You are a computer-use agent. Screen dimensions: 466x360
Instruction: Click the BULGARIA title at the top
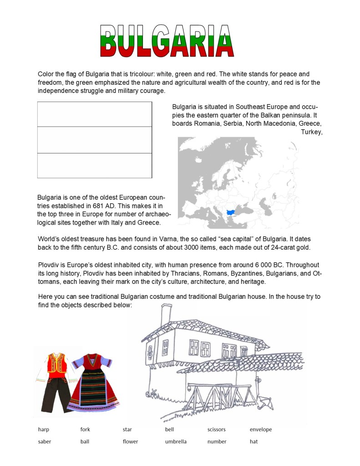click(167, 41)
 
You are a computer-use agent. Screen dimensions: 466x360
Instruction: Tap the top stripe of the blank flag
click(94, 114)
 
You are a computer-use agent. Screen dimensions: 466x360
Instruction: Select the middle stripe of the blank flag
click(94, 139)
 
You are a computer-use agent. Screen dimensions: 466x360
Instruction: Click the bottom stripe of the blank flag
click(94, 165)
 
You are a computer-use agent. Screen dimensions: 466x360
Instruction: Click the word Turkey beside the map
click(311, 132)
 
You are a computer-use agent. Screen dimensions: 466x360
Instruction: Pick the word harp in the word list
click(43, 430)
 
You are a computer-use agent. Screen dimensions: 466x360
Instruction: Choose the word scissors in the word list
click(216, 430)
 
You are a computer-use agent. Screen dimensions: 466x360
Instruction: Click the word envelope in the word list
click(260, 430)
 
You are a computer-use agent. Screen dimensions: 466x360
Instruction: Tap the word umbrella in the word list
click(176, 441)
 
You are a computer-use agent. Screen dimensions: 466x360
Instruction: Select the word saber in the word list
click(44, 441)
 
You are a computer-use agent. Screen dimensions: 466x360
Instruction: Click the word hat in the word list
click(254, 441)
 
